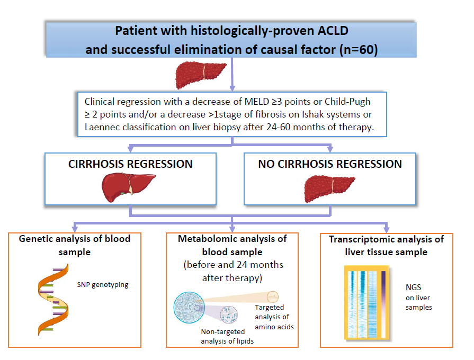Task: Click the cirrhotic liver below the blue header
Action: click(201, 75)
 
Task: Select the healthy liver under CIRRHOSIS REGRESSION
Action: click(128, 187)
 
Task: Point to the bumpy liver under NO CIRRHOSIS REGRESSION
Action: click(329, 189)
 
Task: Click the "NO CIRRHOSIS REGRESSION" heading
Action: click(330, 164)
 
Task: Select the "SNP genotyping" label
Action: click(102, 285)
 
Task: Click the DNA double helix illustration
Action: click(53, 300)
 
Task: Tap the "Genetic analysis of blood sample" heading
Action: click(74, 245)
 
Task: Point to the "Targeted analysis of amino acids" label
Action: click(274, 317)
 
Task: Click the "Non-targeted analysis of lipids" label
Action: click(227, 336)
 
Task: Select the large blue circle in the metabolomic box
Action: click(189, 308)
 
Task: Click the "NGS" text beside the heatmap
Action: click(413, 287)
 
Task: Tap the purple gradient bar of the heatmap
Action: click(383, 304)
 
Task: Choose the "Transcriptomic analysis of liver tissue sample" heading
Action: click(386, 246)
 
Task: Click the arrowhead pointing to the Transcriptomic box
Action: click(386, 229)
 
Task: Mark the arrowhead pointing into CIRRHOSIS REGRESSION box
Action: click(131, 149)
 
